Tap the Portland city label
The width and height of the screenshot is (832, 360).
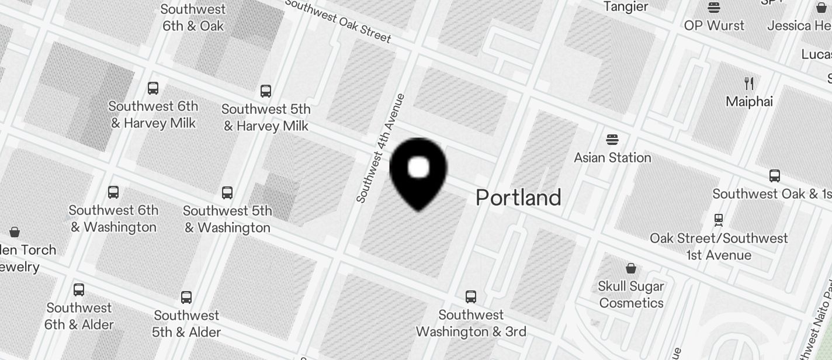(518, 198)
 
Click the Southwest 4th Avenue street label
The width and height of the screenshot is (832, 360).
(380, 148)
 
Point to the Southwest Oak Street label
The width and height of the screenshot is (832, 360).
(338, 21)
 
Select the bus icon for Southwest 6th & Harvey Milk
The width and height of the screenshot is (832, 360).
(153, 88)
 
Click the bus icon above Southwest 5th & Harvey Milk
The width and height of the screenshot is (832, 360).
(266, 91)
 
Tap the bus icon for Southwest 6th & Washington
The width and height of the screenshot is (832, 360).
(113, 192)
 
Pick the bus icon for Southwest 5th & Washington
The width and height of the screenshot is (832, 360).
(227, 193)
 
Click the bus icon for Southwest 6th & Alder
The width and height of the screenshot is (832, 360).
(79, 290)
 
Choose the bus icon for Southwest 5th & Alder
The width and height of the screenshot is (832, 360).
(186, 297)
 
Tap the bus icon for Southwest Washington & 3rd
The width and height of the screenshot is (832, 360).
(471, 297)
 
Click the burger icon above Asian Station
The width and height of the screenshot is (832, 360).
(612, 140)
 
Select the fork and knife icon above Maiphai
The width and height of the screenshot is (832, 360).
(749, 84)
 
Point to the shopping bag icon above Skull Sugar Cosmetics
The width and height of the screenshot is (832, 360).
(631, 269)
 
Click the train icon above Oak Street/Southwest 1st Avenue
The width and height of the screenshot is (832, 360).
(719, 220)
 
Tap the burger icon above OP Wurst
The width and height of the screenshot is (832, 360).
(714, 8)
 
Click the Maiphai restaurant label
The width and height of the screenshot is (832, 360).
(749, 102)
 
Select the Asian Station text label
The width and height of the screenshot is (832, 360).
(612, 158)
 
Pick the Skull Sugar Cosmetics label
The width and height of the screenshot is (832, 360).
(631, 295)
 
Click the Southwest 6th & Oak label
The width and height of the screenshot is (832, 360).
(193, 18)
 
